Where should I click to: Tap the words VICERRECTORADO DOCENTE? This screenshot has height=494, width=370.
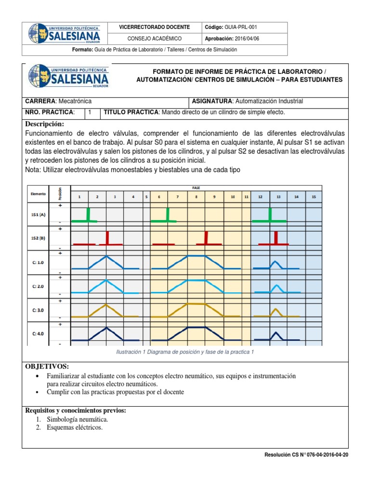coord(154,27)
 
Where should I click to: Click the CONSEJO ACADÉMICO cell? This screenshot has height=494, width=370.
coord(154,39)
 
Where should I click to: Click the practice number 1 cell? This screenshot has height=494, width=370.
coord(90,112)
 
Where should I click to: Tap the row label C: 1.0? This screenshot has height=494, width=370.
coord(38,262)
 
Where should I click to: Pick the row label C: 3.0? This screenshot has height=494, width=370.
coord(38,310)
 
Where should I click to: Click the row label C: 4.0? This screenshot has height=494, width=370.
coord(38,333)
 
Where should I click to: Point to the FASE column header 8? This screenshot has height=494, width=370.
coord(196,197)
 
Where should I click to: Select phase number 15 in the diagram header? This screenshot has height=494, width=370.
coord(314,197)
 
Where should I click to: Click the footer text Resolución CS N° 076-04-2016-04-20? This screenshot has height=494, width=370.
coord(306,455)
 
